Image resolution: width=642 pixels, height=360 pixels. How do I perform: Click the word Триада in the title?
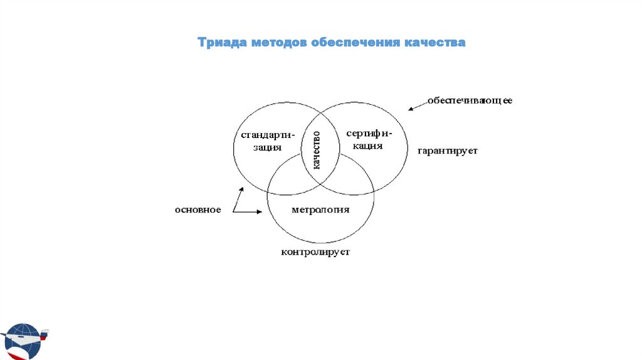pyautogui.click(x=221, y=43)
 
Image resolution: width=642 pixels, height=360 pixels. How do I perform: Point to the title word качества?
pyautogui.click(x=438, y=43)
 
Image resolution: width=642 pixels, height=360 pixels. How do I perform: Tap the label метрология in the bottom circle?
pyautogui.click(x=320, y=209)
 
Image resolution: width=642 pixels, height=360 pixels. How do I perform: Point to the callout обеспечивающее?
pyautogui.click(x=470, y=100)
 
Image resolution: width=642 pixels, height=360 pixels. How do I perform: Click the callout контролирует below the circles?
pyautogui.click(x=315, y=252)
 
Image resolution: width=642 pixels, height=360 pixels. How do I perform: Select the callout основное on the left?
pyautogui.click(x=197, y=209)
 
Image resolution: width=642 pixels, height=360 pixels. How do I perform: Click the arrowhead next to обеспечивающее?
pyautogui.click(x=411, y=109)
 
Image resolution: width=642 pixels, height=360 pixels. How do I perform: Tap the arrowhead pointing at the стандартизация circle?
pyautogui.click(x=240, y=189)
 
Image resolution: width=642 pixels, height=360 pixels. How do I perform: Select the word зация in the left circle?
pyautogui.click(x=268, y=148)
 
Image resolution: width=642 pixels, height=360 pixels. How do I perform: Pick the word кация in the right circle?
pyautogui.click(x=367, y=146)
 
